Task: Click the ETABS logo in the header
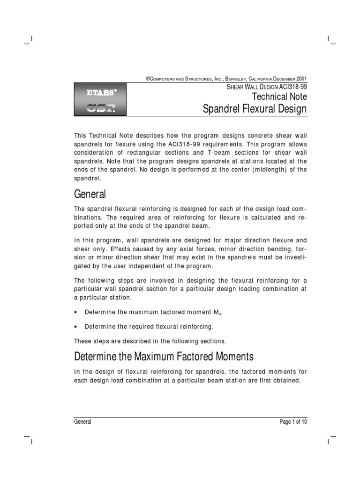pos(101,92)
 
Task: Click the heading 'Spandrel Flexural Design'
pos(255,109)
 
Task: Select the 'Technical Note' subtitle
pos(279,97)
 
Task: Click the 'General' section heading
pos(90,194)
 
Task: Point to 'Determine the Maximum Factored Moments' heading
pos(164,356)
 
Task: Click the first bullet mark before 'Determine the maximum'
pos(76,312)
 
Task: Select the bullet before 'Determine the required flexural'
pos(76,326)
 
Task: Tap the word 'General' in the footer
pos(83,422)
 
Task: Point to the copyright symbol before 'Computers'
pos(148,79)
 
